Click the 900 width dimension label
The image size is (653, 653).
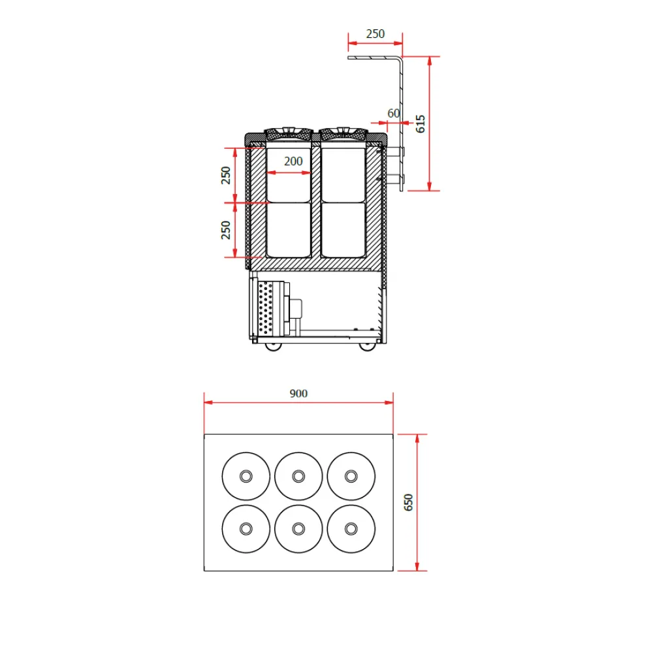click(x=298, y=393)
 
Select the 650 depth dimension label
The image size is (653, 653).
click(x=409, y=502)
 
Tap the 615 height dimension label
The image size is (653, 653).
click(x=421, y=123)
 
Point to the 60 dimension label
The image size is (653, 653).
click(x=393, y=113)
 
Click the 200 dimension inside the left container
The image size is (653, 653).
click(x=293, y=161)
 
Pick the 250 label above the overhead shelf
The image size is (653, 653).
click(x=375, y=34)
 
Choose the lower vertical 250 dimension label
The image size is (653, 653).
click(x=226, y=230)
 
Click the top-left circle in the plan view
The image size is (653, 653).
click(x=246, y=475)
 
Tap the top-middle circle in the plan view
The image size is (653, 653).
click(x=298, y=475)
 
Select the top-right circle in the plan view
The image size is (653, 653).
click(x=351, y=475)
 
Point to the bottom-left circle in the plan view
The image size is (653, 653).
click(x=246, y=528)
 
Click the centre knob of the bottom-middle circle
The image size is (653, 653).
click(x=298, y=528)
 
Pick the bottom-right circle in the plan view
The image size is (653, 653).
click(x=351, y=528)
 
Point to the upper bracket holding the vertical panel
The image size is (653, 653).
click(x=396, y=151)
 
